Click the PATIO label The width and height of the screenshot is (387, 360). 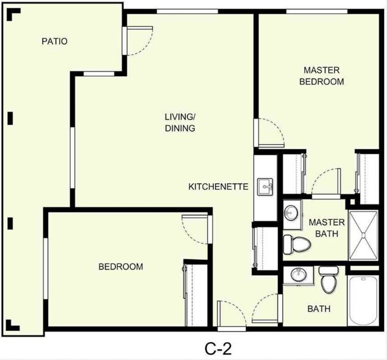click(x=54, y=41)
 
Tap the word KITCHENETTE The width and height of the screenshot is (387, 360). click(x=218, y=186)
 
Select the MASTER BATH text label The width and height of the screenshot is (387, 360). click(x=323, y=228)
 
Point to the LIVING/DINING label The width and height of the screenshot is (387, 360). click(x=180, y=122)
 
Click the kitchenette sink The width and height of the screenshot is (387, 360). click(x=265, y=187)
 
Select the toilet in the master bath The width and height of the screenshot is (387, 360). click(x=296, y=243)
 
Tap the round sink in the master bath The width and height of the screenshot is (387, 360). click(x=291, y=212)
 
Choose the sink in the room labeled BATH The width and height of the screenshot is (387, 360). click(x=297, y=275)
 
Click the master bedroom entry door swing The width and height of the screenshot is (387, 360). click(x=270, y=132)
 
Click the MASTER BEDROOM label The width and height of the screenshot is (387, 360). click(x=322, y=76)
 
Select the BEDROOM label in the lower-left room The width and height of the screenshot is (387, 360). click(x=120, y=267)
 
